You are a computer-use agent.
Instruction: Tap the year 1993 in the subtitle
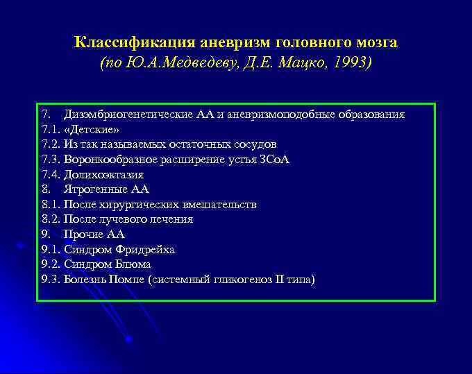[351, 63]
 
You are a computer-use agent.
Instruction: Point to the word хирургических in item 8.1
[143, 205]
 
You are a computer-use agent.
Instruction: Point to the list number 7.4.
[51, 174]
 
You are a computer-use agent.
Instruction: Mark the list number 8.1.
[51, 205]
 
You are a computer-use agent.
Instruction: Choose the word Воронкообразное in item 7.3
[106, 160]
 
